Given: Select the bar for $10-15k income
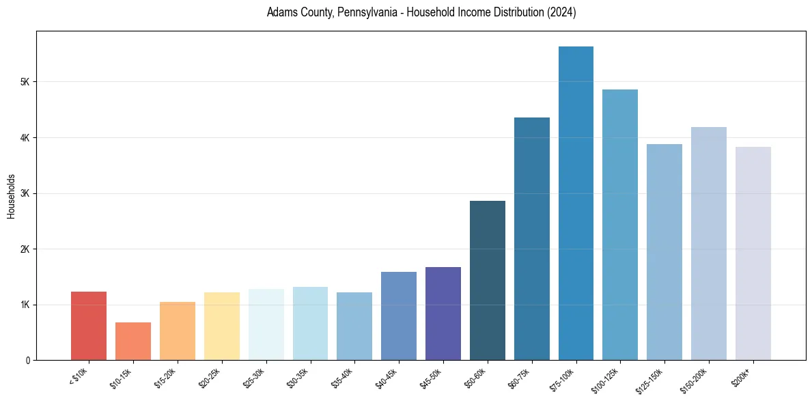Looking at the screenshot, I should pyautogui.click(x=132, y=341).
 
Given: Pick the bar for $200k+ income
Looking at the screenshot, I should pyautogui.click(x=753, y=253).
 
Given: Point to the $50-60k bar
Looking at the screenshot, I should pyautogui.click(x=488, y=280).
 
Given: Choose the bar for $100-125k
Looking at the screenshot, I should pyautogui.click(x=620, y=225).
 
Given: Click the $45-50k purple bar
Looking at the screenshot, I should pyautogui.click(x=443, y=314).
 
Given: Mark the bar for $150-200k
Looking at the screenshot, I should pyautogui.click(x=709, y=243).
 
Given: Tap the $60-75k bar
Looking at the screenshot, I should pyautogui.click(x=532, y=238).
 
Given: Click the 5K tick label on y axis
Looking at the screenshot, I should pyautogui.click(x=25, y=82).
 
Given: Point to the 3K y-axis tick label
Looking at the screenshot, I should pyautogui.click(x=25, y=193).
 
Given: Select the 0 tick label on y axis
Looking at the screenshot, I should pyautogui.click(x=27, y=360).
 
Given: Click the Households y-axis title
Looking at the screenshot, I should pyautogui.click(x=11, y=196).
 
